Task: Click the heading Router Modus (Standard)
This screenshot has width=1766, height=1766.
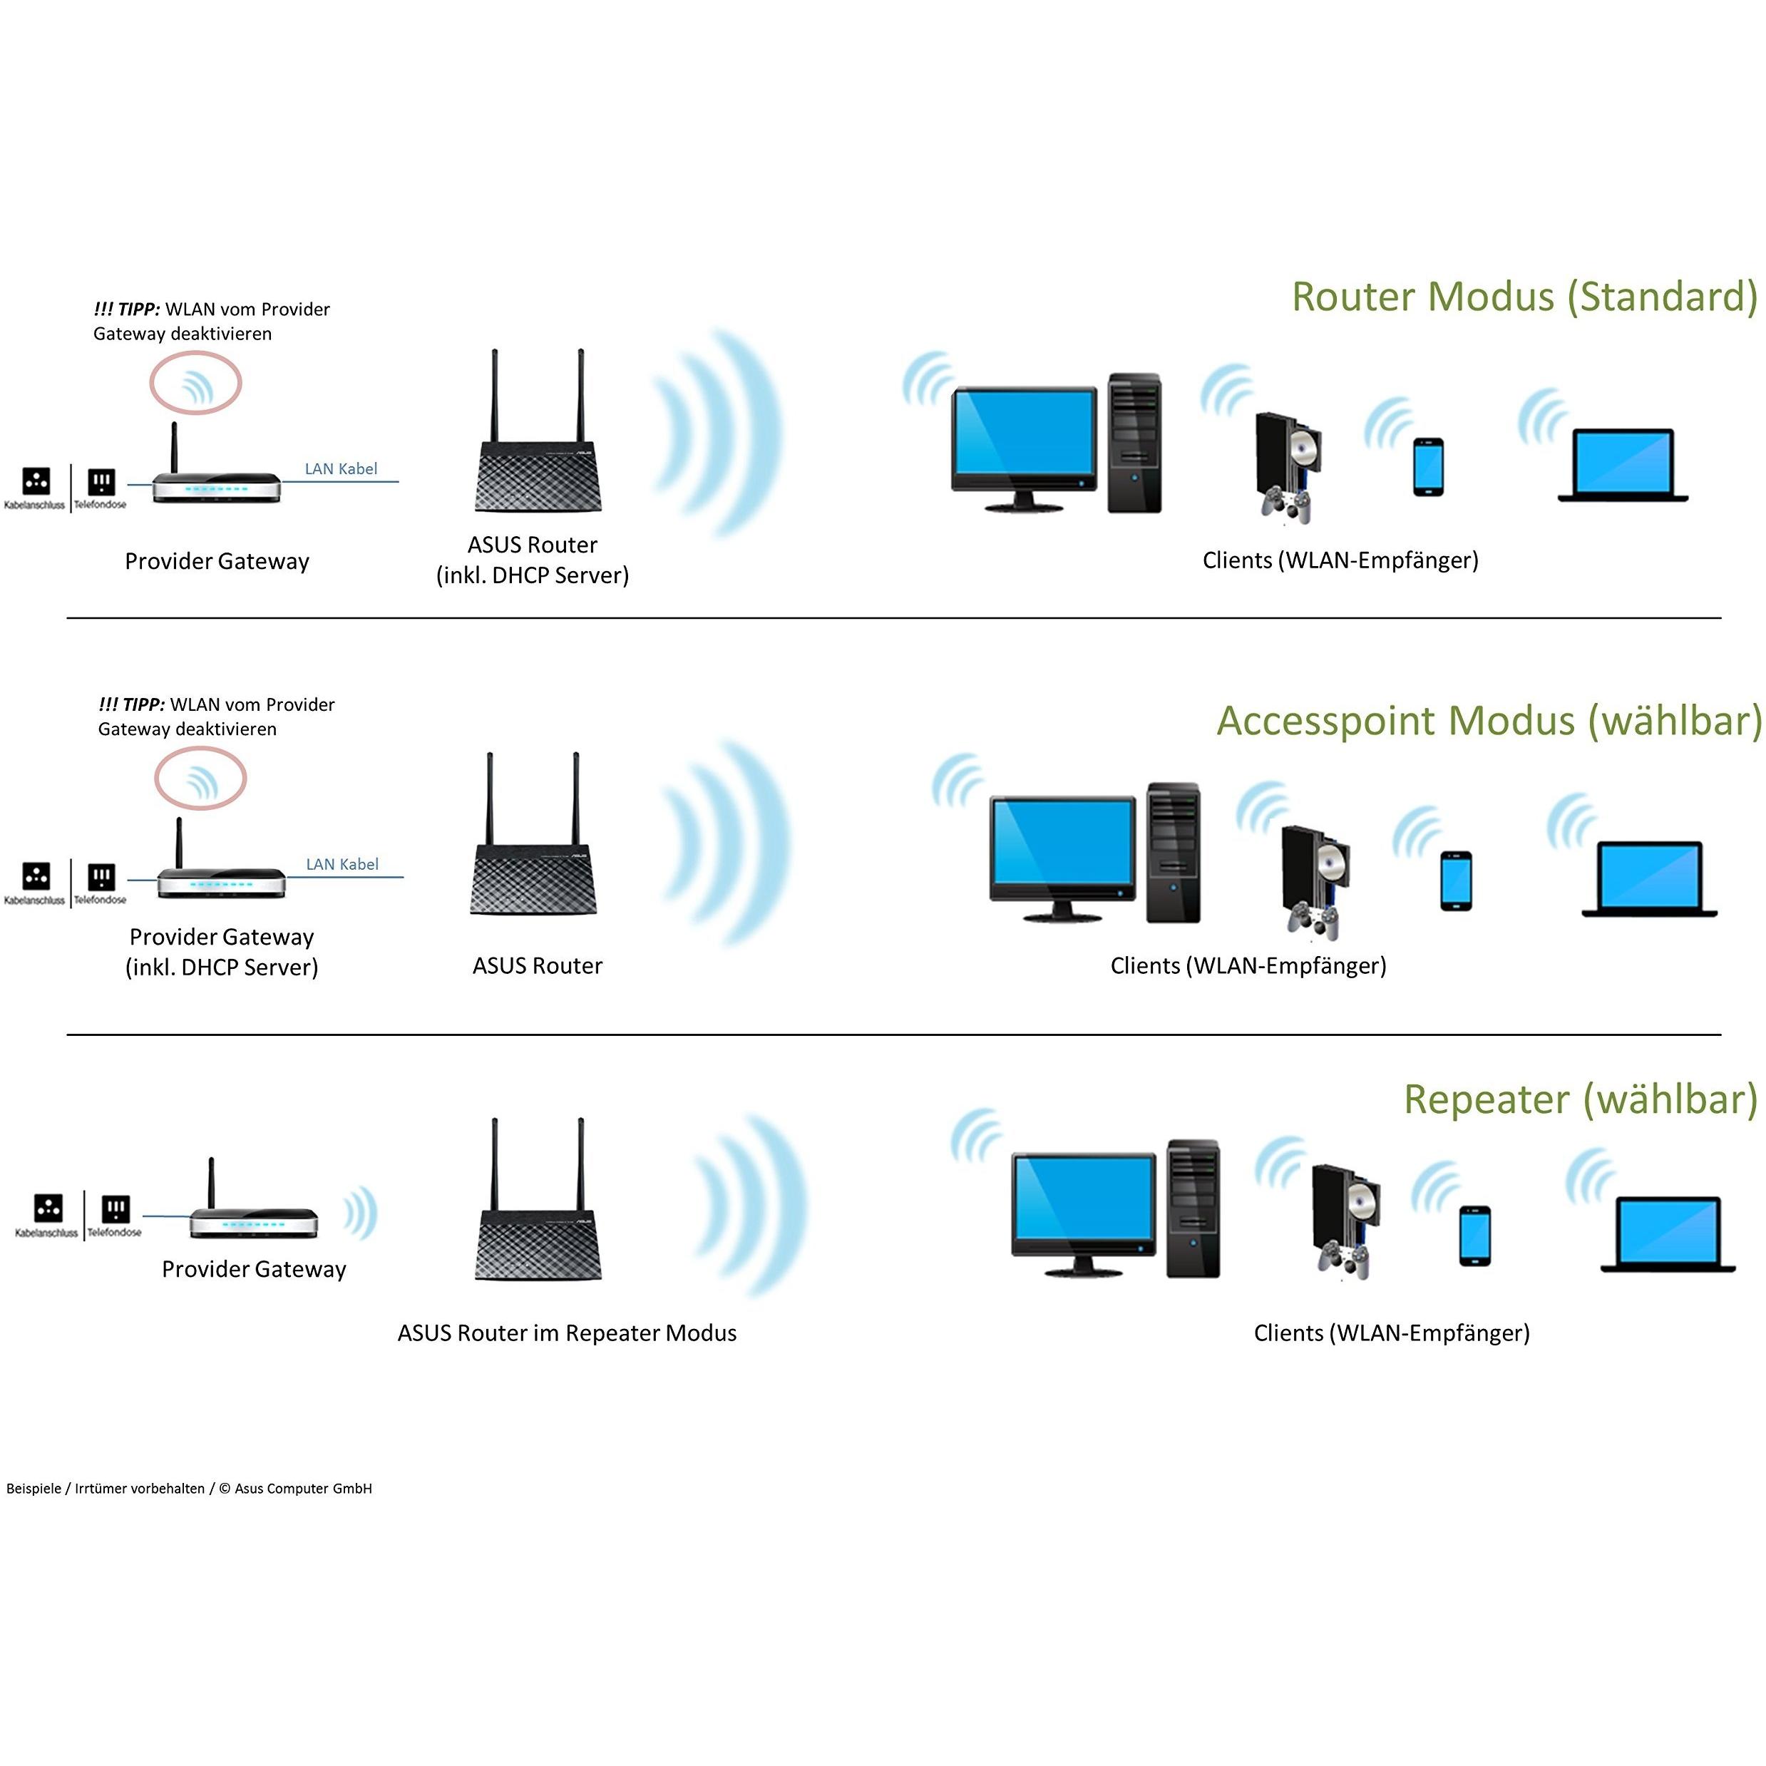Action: (x=1524, y=297)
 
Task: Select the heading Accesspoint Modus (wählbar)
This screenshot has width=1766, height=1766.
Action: (x=1488, y=722)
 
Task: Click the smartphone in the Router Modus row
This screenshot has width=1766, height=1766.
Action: (x=1428, y=466)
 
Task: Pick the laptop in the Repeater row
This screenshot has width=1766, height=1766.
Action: (x=1668, y=1234)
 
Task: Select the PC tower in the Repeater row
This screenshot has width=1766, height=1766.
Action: (x=1193, y=1208)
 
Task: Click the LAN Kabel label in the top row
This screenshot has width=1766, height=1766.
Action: (x=340, y=469)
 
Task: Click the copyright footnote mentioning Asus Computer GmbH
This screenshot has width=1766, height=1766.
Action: (x=189, y=1488)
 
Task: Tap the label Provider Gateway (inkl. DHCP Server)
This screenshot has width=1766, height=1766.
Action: (x=221, y=952)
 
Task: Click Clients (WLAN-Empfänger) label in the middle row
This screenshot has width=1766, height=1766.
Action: (x=1248, y=965)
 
